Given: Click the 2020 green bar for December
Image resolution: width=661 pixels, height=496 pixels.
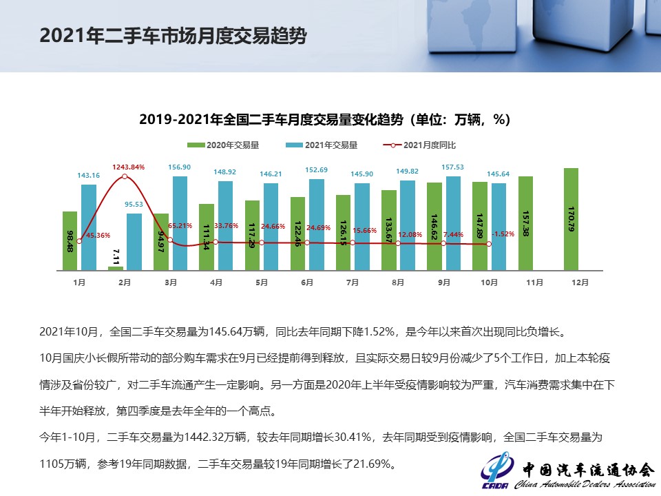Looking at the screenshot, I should [x=571, y=219].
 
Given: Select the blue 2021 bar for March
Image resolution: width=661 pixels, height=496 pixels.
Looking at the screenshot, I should [x=180, y=223].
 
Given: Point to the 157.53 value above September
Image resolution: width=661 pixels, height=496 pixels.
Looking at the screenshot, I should [x=454, y=167].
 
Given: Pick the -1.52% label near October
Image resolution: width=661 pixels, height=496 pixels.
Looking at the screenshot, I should [x=503, y=234].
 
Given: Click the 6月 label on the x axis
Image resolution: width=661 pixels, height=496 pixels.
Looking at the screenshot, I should [x=307, y=282].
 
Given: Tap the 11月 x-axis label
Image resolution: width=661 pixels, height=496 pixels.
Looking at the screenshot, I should [x=534, y=282].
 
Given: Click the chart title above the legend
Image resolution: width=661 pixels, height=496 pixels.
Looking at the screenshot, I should [x=324, y=119].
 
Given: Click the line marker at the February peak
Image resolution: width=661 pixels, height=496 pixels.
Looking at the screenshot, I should [x=125, y=176].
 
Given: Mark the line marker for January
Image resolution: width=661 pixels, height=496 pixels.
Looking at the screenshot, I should [x=79, y=240].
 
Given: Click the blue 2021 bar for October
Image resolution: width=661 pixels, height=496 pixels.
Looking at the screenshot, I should [x=499, y=226].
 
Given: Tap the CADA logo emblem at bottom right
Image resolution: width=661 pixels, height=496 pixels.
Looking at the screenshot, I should [x=496, y=471].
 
